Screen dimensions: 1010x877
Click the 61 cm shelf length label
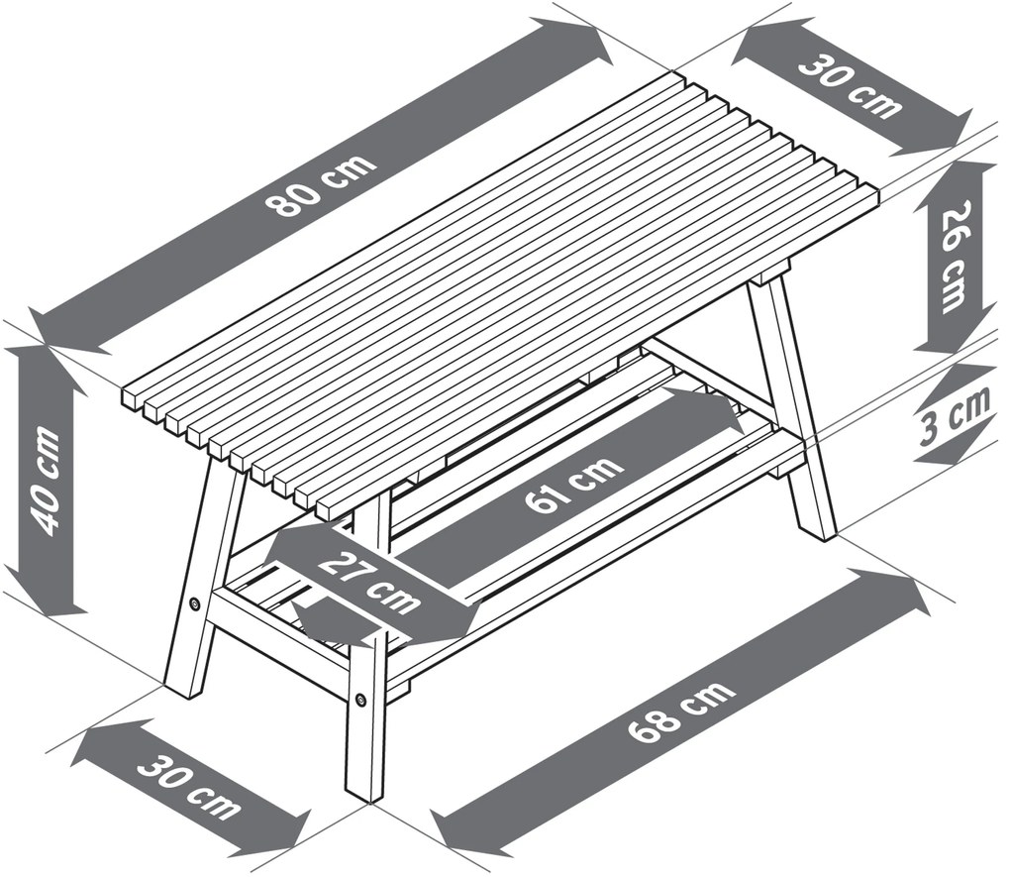coord(573,484)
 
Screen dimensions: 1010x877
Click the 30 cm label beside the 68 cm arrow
coord(189,790)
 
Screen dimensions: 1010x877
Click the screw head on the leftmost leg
coord(194,603)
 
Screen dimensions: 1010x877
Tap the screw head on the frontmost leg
coord(360,699)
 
